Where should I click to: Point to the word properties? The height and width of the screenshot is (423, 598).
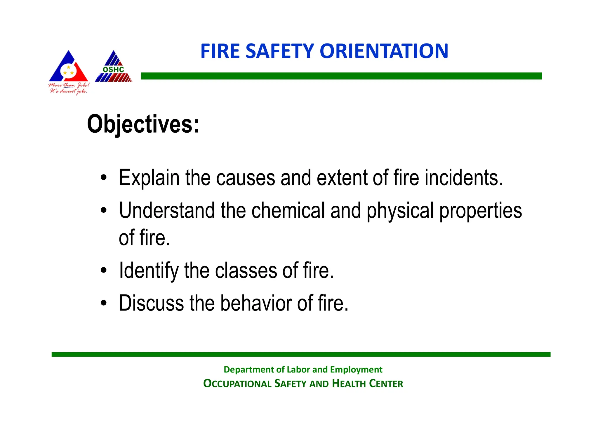[x=480, y=211]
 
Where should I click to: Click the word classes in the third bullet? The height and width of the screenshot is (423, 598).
[x=246, y=271]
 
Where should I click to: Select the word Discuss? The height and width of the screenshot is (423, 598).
[x=151, y=303]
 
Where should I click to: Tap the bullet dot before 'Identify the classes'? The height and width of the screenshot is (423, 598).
[x=104, y=271]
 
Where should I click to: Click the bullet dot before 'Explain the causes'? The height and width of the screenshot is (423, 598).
[x=104, y=178]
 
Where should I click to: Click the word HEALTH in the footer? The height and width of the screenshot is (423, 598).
[x=349, y=384]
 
